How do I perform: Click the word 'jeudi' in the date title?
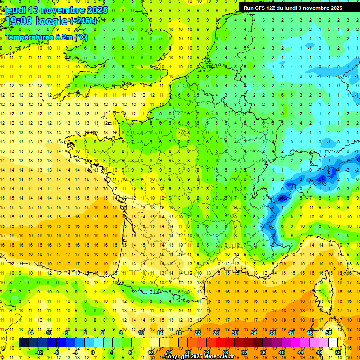tap(13, 10)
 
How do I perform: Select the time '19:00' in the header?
tap(18, 21)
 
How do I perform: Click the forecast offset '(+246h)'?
tap(83, 21)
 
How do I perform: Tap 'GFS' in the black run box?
tap(262, 8)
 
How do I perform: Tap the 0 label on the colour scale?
tap(93, 352)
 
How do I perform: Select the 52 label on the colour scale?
tap(337, 352)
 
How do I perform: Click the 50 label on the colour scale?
tap(328, 333)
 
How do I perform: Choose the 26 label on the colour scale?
tap(216, 333)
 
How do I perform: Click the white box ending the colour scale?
tap(333, 343)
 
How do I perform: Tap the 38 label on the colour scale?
tap(272, 333)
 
